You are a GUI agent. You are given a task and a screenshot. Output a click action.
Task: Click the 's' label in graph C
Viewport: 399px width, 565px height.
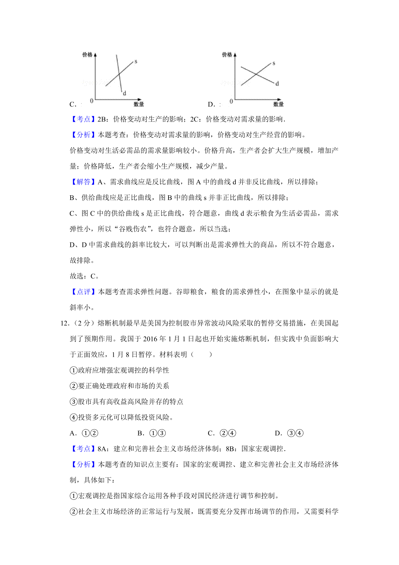[136, 62]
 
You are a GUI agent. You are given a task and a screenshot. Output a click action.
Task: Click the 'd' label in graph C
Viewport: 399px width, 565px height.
[125, 94]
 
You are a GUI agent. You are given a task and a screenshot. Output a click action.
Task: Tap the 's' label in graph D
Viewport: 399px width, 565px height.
[274, 63]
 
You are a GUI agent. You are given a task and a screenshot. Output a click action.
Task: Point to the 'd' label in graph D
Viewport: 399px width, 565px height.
[277, 84]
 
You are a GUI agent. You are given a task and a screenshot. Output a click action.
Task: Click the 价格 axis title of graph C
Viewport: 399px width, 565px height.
[87, 55]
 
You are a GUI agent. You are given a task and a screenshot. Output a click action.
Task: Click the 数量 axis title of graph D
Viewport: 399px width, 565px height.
[278, 104]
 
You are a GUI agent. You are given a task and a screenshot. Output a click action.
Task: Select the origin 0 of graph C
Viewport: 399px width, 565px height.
[92, 101]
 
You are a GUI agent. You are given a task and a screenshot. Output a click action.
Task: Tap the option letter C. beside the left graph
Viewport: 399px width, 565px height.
[73, 104]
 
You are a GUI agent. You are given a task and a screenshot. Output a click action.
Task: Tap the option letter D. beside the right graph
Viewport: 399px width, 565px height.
[211, 104]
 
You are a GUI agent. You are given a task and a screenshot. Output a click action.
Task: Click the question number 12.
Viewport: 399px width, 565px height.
[65, 323]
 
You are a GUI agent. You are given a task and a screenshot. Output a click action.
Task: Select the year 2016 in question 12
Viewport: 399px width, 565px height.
[150, 339]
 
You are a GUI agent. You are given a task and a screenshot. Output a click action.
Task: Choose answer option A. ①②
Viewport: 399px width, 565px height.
[84, 433]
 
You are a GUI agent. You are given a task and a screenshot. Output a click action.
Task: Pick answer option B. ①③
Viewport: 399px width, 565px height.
[151, 433]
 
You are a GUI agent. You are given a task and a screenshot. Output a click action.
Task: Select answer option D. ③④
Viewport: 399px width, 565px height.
[289, 433]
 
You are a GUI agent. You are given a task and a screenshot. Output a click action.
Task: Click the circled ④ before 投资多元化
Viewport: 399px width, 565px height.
[73, 418]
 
